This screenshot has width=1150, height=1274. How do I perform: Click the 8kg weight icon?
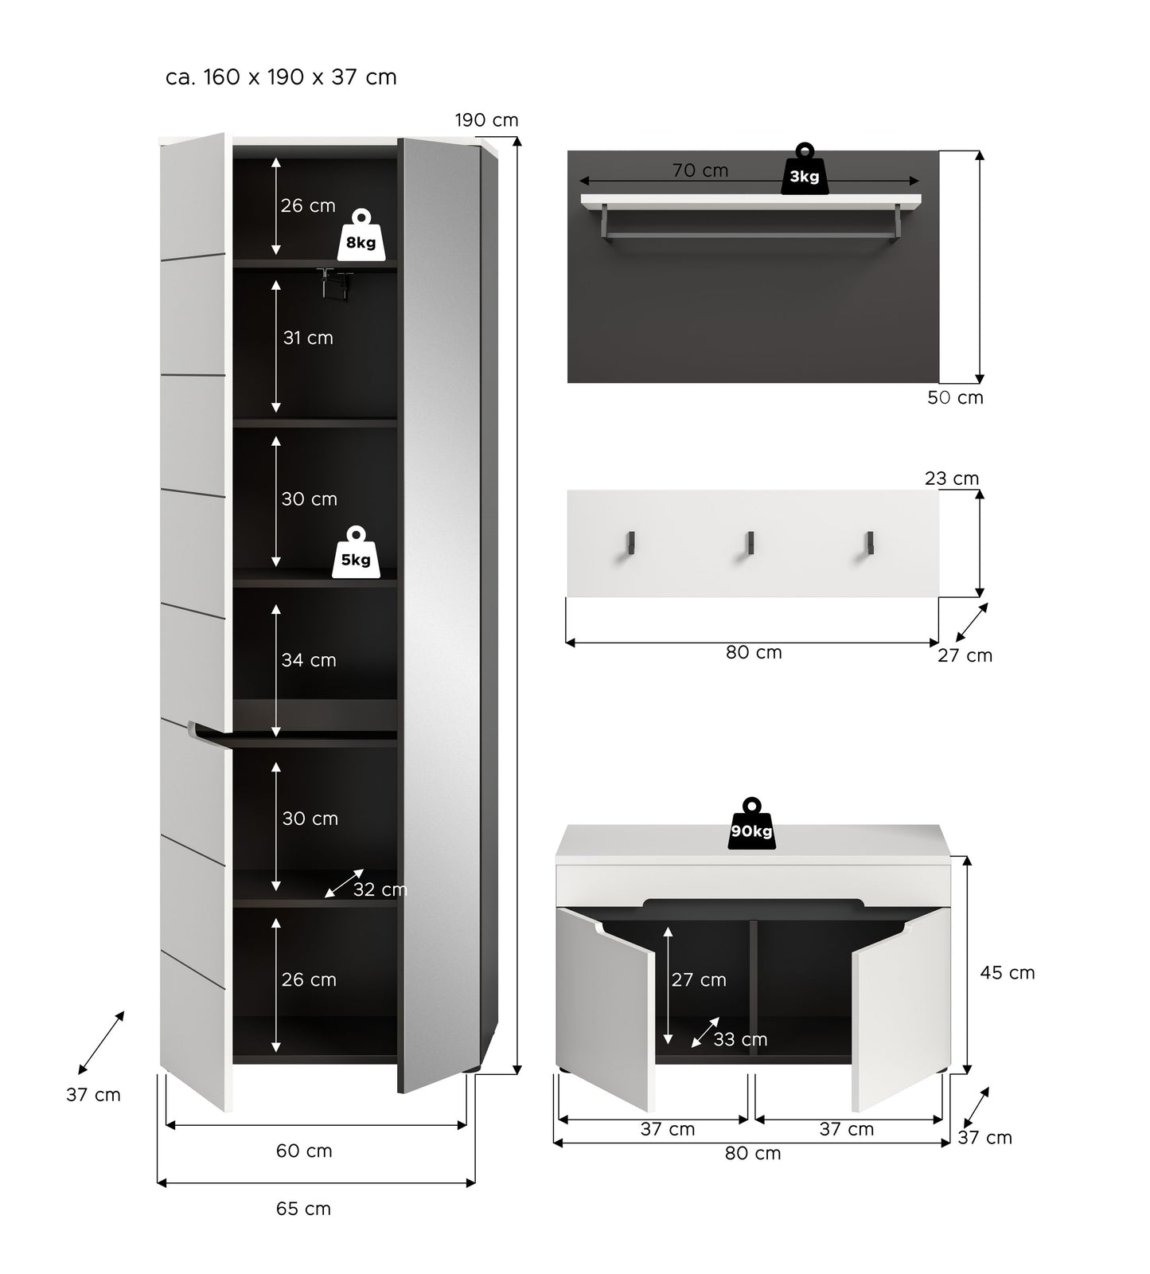click(x=361, y=235)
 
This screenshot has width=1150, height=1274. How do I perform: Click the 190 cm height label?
click(x=486, y=120)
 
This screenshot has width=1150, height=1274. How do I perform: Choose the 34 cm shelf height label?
click(x=309, y=660)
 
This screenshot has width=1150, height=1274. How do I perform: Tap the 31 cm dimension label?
click(x=308, y=338)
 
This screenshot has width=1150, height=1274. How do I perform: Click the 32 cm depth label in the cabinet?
click(x=380, y=889)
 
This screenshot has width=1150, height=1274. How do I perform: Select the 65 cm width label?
click(x=303, y=1209)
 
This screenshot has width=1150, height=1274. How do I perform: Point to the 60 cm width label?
click(x=304, y=1151)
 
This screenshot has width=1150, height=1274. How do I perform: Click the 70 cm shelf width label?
click(x=700, y=170)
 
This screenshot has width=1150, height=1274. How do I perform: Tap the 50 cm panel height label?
click(x=955, y=397)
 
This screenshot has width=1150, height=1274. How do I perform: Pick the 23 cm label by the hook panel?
click(x=952, y=479)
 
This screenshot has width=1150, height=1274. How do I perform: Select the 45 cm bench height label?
click(x=1008, y=972)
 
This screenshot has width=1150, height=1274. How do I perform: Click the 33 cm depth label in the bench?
click(x=740, y=1039)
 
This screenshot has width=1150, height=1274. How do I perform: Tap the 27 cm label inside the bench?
click(x=699, y=979)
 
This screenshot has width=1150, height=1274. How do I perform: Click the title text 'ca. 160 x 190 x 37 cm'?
click(x=281, y=77)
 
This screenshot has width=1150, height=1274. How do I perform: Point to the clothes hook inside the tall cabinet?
click(x=335, y=282)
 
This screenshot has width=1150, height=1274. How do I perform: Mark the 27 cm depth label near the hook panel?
click(x=965, y=655)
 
